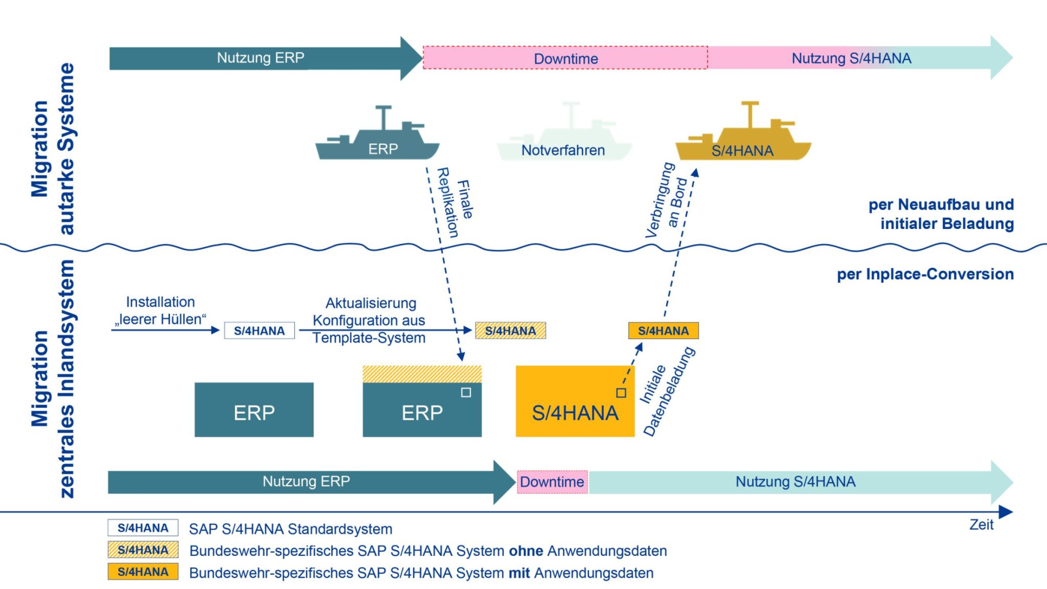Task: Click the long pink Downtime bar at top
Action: tap(565, 58)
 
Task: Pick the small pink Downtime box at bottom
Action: tap(552, 482)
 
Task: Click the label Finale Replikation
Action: tap(454, 202)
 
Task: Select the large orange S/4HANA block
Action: tap(575, 402)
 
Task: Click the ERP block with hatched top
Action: tap(422, 402)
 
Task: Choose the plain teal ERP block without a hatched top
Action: tap(254, 410)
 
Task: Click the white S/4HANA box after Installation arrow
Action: tap(259, 331)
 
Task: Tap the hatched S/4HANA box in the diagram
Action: tap(510, 331)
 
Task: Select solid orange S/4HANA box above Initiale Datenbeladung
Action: tap(663, 331)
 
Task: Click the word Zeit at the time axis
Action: tap(981, 525)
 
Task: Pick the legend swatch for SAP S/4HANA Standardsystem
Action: tap(143, 528)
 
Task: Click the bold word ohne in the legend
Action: tap(526, 551)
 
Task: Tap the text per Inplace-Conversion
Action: tap(925, 274)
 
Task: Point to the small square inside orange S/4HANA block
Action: tap(621, 393)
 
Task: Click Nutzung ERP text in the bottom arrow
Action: tap(306, 481)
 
